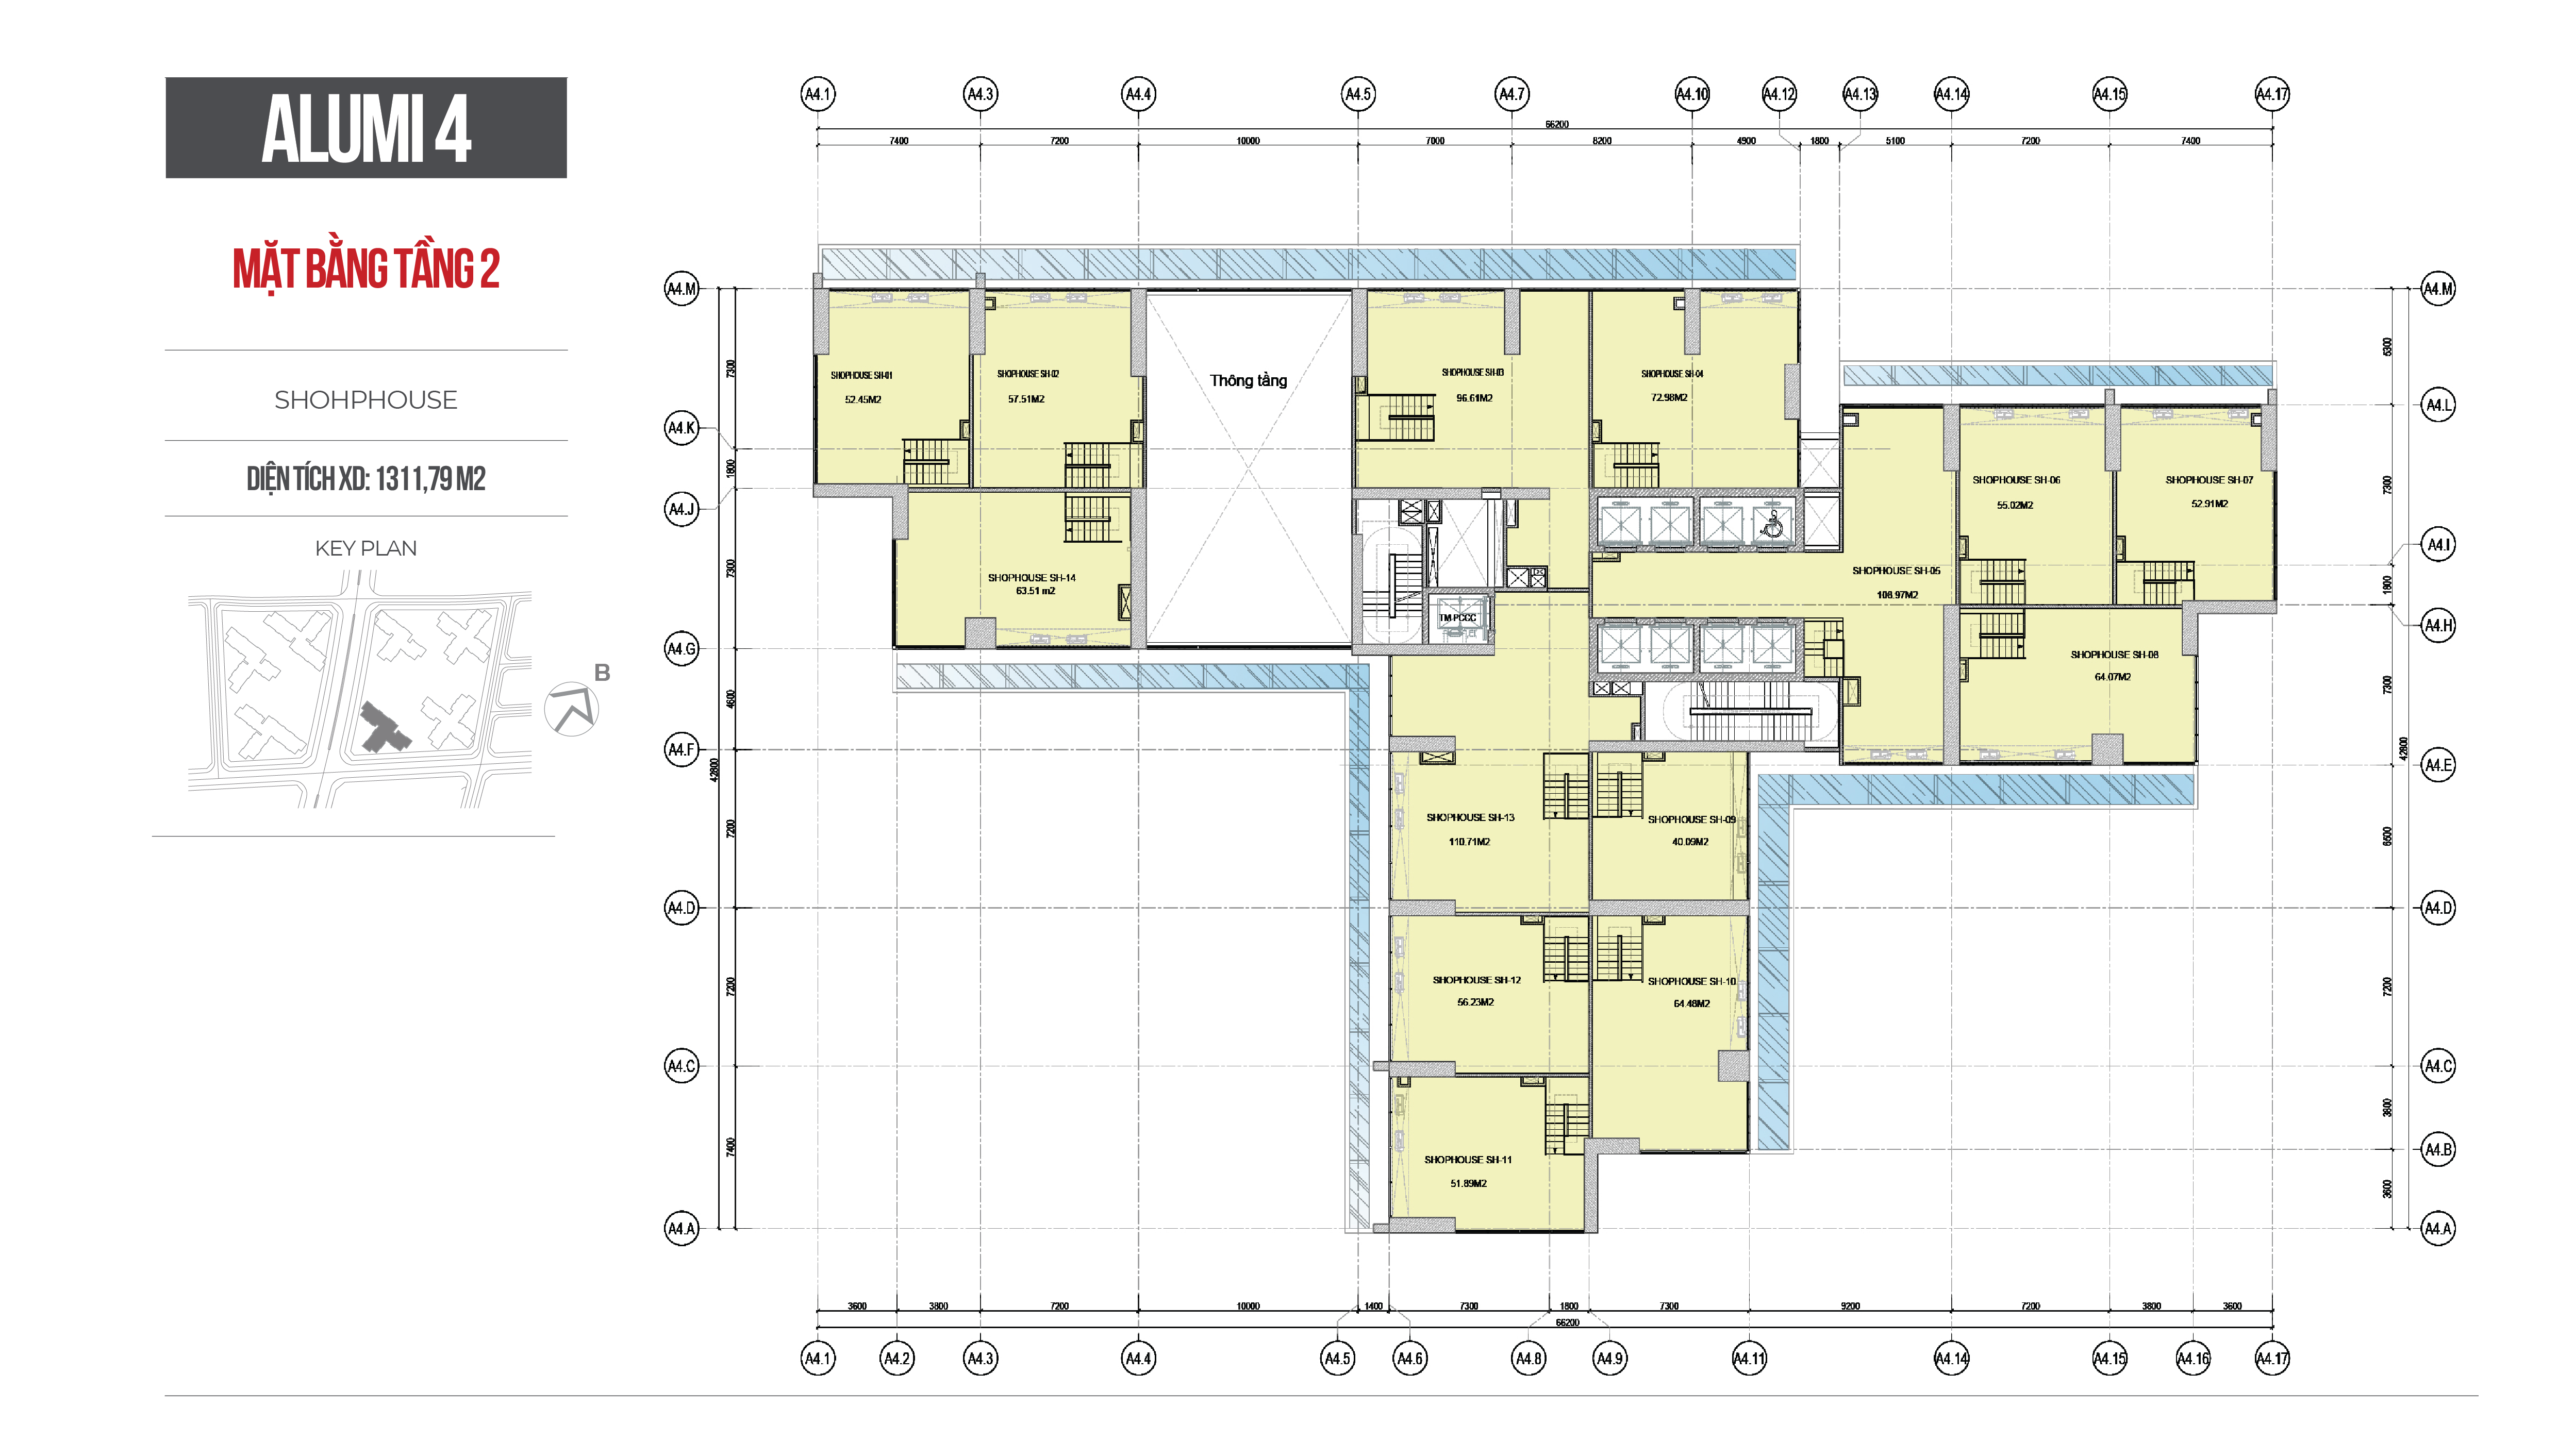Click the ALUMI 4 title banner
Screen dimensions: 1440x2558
point(366,128)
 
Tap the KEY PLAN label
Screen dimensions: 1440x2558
point(366,548)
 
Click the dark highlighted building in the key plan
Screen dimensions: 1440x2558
point(383,728)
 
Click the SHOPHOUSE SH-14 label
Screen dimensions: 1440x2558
point(1031,577)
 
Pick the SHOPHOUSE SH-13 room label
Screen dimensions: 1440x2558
point(1470,817)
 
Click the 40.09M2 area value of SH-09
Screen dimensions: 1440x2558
point(1689,841)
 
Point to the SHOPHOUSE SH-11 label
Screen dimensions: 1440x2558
point(1468,1159)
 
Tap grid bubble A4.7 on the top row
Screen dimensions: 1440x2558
point(1511,94)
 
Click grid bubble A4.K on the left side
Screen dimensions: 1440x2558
point(681,428)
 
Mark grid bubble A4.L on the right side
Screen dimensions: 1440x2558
point(2438,405)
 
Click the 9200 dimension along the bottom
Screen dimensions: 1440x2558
point(1850,1306)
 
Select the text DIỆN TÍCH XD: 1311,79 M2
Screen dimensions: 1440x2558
point(366,479)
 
